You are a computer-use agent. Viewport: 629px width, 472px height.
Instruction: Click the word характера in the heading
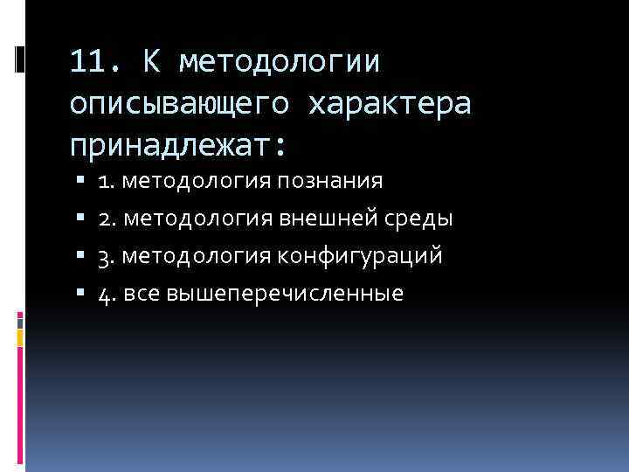(389, 103)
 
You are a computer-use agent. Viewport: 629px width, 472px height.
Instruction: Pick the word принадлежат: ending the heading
(178, 142)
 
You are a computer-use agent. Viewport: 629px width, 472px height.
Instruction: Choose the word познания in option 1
(342, 181)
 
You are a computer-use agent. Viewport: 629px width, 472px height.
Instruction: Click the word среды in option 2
(421, 219)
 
